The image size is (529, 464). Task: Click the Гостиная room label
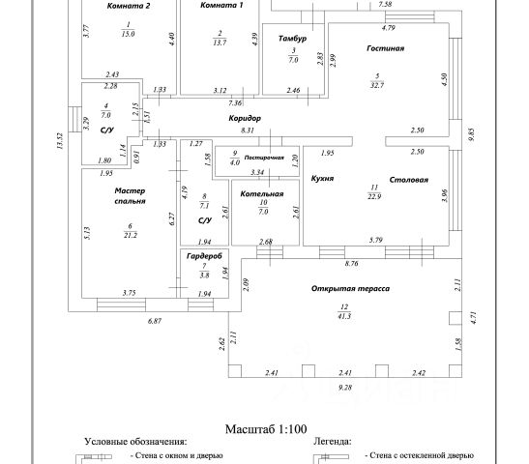coord(385,48)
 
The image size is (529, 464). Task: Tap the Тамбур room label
coord(292,39)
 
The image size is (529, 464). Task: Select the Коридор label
coord(245,118)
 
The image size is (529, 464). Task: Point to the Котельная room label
coord(262,194)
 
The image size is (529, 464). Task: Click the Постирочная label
coord(264,158)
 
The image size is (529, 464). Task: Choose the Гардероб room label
coord(204,256)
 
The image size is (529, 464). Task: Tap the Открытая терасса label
coord(350,289)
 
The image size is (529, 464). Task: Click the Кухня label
coord(322,179)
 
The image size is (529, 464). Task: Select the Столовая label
coord(408,180)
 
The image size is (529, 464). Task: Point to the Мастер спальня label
coord(130,196)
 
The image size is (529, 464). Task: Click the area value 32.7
coord(377,85)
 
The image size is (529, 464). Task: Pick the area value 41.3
coord(344,316)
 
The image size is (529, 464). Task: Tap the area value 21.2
coord(131,235)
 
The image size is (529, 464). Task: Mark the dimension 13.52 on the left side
coord(60,141)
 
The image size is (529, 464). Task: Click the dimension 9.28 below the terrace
coord(345,388)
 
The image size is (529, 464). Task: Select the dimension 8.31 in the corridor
coord(248,130)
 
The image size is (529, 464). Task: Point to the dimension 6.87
coord(155,321)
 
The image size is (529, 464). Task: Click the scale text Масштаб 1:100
coord(266,429)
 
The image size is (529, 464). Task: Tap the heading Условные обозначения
coord(135,442)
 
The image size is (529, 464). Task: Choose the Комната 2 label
coord(129,6)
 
